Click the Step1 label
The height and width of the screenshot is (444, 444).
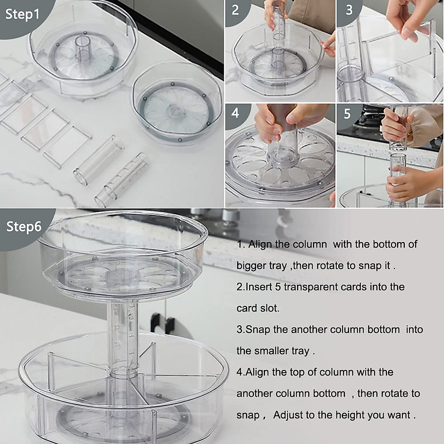22,15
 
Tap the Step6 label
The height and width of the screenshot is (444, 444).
24,226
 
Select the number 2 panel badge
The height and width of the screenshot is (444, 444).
235,10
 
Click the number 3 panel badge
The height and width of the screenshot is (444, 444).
349,10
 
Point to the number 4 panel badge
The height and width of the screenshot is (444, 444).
235,113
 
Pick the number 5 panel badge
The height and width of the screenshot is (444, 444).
347,114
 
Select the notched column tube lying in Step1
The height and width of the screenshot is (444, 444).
120,179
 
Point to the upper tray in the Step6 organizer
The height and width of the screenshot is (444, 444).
122,252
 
